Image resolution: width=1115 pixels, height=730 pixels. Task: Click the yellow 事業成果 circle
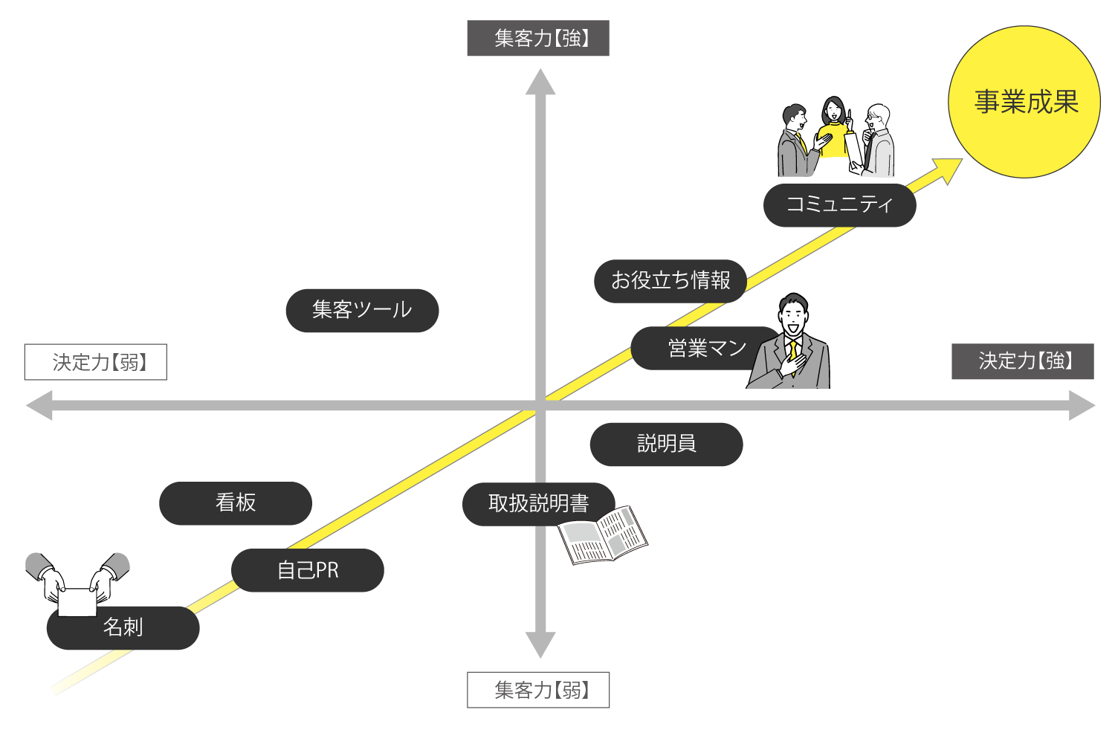[x=1024, y=102]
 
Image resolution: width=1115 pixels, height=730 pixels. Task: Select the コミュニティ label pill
[x=839, y=204]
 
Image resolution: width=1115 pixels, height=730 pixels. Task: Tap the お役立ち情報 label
[x=670, y=280]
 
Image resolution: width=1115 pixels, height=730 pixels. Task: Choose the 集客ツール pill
[x=362, y=310]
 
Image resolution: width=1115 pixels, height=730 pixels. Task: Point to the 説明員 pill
[x=666, y=444]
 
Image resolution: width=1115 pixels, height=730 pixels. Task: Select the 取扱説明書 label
[x=538, y=503]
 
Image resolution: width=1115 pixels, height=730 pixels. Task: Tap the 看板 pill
[x=236, y=503]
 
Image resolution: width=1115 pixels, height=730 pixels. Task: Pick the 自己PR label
[x=308, y=570]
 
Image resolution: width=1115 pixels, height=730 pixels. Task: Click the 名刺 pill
[x=123, y=627]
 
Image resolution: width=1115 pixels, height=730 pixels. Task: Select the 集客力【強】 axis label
[x=538, y=39]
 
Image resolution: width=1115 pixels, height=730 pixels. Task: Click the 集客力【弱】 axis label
[x=538, y=690]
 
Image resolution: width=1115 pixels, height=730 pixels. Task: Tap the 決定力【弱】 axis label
[x=96, y=362]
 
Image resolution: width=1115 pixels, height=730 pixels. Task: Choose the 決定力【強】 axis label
[x=1022, y=361]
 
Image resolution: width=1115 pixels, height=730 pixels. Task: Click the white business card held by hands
[x=77, y=602]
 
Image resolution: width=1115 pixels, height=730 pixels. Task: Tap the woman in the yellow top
[x=834, y=130]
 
